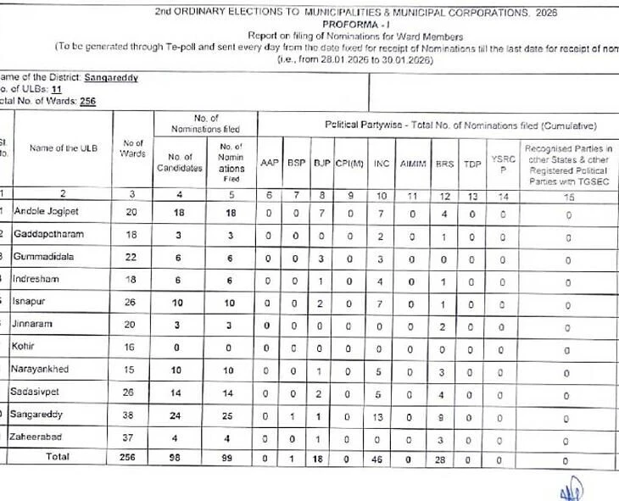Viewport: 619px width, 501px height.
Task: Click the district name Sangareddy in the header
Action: (110, 78)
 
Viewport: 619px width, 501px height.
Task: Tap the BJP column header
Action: (321, 163)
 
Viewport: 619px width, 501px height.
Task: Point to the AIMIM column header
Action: (413, 163)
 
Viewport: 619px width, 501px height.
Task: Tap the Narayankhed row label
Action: (47, 369)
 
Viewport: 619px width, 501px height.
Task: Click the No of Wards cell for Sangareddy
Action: (132, 415)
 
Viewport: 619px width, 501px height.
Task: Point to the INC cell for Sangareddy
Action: (382, 415)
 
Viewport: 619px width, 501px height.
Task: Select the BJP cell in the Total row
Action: (321, 459)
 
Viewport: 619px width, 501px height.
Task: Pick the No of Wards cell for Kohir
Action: (132, 347)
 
